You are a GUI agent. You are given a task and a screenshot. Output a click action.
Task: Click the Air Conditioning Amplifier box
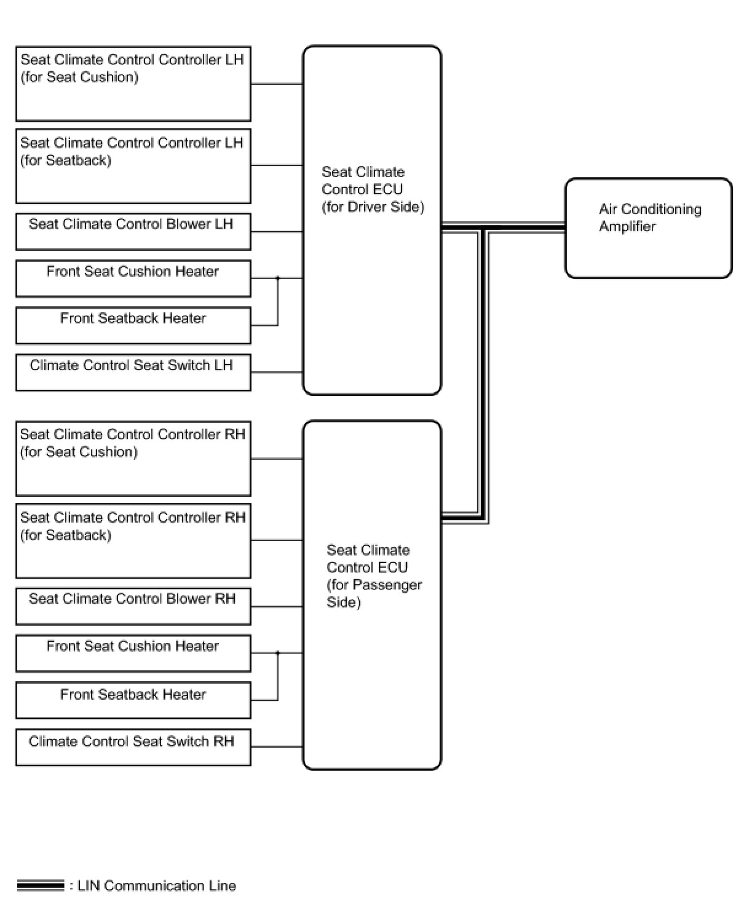[648, 228]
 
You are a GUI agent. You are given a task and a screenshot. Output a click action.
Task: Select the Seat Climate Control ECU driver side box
[371, 219]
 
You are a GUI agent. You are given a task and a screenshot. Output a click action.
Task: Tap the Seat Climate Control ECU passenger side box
[371, 595]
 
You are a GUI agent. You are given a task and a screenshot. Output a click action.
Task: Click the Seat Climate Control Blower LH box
[133, 231]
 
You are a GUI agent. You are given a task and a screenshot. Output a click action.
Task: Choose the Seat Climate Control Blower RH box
[133, 606]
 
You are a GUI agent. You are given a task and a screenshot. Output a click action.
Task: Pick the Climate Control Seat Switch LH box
[133, 372]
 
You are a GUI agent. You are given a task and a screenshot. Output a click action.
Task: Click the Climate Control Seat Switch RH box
[133, 747]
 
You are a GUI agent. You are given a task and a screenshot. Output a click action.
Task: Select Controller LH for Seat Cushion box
[133, 84]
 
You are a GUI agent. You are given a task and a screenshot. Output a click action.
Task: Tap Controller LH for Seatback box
[133, 165]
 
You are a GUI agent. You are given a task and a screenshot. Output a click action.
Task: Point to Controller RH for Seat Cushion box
[133, 459]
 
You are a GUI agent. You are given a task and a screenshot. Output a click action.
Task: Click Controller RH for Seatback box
[133, 540]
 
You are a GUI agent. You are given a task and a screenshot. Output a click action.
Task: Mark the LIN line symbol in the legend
[41, 886]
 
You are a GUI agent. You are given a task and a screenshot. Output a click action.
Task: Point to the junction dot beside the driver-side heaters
[278, 278]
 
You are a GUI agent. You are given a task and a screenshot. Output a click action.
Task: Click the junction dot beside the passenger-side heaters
[278, 653]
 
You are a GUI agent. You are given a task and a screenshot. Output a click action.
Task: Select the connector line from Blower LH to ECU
[277, 232]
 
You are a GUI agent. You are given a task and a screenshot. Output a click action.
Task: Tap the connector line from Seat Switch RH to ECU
[277, 747]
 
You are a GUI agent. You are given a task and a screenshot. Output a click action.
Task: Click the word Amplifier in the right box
[627, 227]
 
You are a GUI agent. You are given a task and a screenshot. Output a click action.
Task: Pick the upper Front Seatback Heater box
[133, 325]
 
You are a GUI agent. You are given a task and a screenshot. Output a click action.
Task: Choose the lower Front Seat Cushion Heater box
[133, 653]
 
